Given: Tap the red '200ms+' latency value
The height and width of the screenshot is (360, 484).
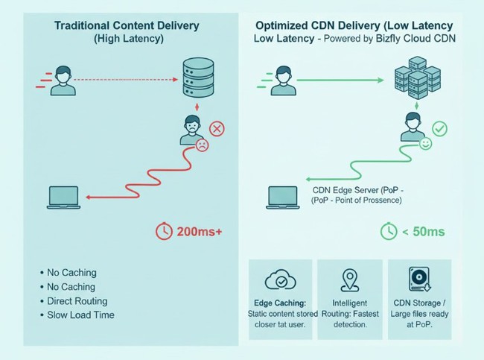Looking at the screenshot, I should [x=199, y=232].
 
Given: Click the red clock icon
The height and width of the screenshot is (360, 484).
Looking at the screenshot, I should [x=165, y=232].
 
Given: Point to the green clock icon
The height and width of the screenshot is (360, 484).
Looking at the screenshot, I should [x=389, y=232].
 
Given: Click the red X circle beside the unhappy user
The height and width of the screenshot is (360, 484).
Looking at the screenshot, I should [x=217, y=130].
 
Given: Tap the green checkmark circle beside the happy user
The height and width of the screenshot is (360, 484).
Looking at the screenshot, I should [x=440, y=130].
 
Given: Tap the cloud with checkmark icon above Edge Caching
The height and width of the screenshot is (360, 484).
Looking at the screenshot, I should [x=280, y=281].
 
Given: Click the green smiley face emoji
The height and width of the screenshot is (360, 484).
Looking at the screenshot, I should [x=426, y=145].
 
